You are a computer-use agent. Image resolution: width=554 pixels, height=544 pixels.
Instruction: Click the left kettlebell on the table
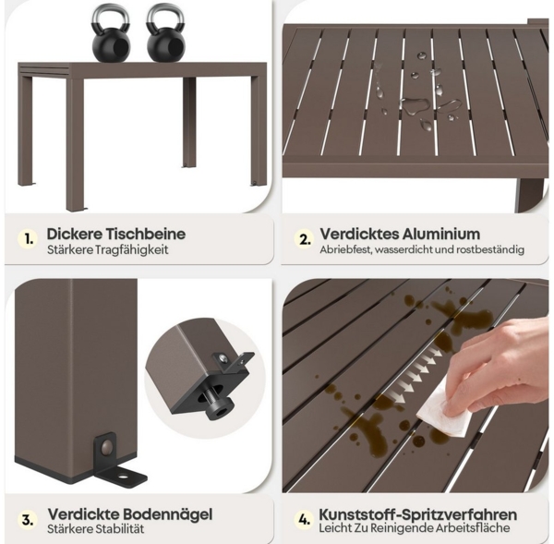[111, 35]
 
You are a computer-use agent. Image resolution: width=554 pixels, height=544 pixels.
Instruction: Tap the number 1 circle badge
[29, 239]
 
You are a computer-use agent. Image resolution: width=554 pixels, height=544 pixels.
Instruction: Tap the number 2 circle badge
[305, 239]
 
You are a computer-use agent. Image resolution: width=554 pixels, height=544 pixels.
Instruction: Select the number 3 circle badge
[29, 520]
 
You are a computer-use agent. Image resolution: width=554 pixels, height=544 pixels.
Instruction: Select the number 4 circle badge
[304, 520]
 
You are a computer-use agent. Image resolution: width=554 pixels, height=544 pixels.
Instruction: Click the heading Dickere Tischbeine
[115, 233]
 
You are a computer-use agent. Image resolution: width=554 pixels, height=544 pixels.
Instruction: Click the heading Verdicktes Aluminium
[400, 234]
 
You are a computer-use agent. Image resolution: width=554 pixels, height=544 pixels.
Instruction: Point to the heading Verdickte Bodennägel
[130, 513]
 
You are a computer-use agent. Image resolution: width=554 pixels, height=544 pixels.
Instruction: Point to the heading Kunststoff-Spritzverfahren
[417, 514]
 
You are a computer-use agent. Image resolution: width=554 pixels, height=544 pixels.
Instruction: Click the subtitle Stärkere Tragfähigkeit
[107, 250]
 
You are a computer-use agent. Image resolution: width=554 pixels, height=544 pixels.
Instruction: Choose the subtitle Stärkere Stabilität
[96, 529]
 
